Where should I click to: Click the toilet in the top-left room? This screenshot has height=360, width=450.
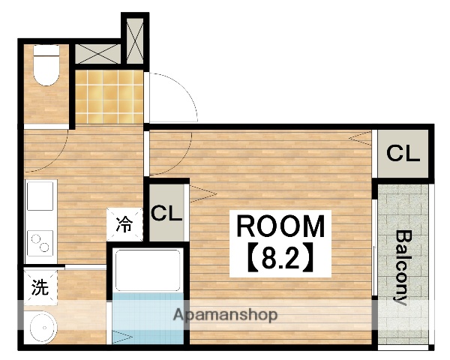point(46,65)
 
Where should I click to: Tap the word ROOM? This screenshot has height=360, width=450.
point(280,226)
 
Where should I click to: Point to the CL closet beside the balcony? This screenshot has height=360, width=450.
point(403,154)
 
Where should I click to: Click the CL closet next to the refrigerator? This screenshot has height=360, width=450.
point(166,212)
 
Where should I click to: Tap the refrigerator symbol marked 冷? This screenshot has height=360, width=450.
point(124,224)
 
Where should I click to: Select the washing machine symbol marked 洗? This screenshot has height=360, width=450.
point(40,288)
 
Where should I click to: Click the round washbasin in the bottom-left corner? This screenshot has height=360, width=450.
point(43,328)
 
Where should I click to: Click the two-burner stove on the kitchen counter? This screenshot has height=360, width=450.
point(40,243)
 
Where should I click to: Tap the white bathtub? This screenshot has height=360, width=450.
point(148,271)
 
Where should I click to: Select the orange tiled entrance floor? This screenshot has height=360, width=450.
point(109,97)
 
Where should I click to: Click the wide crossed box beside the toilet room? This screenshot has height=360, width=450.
point(97,54)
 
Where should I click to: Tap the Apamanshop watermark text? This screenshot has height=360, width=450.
point(225,315)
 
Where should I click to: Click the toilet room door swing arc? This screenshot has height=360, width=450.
point(55,160)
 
